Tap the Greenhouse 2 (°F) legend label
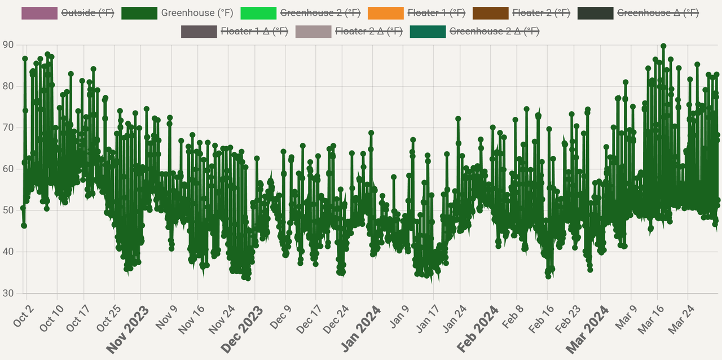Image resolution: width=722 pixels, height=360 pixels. (x=320, y=12)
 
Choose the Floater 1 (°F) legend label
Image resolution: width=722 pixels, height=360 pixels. (x=437, y=12)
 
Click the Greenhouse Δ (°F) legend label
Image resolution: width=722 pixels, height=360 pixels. (x=658, y=12)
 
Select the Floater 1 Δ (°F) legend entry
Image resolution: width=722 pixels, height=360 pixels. (x=255, y=31)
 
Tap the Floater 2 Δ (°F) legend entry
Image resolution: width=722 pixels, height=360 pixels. (x=369, y=31)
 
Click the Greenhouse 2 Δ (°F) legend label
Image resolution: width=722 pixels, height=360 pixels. (x=494, y=31)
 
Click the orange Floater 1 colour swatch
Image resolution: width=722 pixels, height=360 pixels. (x=385, y=12)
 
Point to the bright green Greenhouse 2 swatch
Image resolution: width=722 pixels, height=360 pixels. (x=258, y=12)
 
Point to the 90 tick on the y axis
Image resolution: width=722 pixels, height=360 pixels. (x=8, y=45)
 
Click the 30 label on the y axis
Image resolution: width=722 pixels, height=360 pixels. (x=8, y=293)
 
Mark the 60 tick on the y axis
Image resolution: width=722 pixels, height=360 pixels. (x=8, y=169)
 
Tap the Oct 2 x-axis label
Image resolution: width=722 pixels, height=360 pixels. (x=24, y=316)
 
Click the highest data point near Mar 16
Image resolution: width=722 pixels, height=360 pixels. (x=663, y=46)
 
